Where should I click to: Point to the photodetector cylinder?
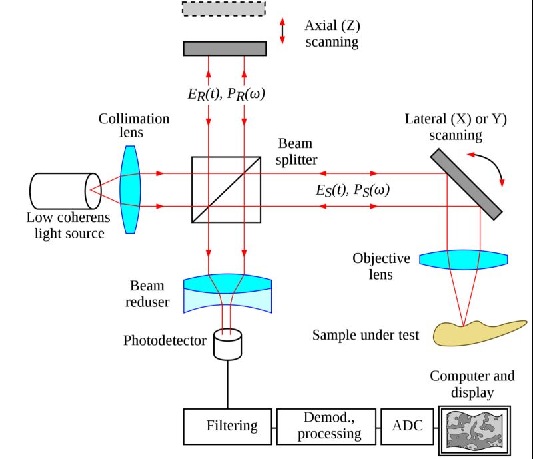[x=227, y=343]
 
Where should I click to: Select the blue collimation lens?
[x=131, y=190]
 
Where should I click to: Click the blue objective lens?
[x=464, y=259]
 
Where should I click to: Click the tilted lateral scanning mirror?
[x=466, y=183]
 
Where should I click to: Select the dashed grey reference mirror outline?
[x=224, y=8]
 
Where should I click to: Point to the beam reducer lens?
[x=227, y=294]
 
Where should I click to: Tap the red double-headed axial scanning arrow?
[x=282, y=31]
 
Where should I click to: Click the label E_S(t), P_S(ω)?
[x=352, y=189]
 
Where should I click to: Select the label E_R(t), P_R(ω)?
[x=227, y=94]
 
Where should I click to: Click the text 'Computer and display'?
[x=472, y=384]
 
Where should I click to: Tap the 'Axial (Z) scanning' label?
[x=331, y=34]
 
